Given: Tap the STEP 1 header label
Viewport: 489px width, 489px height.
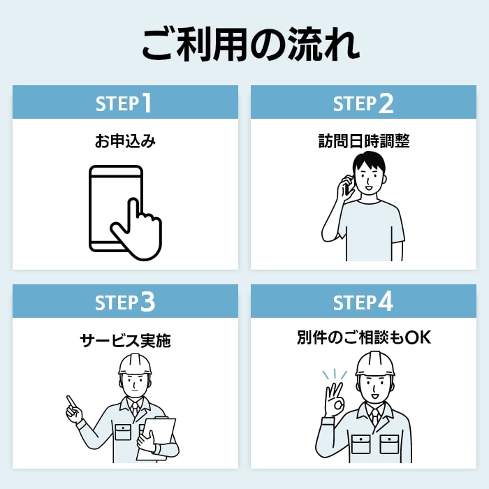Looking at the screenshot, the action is point(124,103).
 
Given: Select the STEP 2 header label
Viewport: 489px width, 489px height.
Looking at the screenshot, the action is point(363,103).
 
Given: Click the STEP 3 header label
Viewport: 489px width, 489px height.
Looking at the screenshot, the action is point(125,302).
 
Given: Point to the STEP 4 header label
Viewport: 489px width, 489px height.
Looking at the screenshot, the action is point(363,302).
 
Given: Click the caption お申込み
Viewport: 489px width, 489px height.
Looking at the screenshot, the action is point(125,141).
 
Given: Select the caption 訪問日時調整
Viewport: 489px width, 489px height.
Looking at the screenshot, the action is point(364,141).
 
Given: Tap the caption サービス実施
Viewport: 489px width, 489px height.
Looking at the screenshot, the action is point(125,340).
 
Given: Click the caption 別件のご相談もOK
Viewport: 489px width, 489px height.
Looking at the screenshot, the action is point(364,337).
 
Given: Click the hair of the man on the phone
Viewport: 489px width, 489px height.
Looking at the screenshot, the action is point(369,162).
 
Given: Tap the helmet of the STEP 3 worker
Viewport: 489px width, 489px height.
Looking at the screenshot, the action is point(135,364).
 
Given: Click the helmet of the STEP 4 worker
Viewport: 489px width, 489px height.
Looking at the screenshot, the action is point(375,364).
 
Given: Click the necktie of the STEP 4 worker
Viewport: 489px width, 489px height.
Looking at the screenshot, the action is point(375,416).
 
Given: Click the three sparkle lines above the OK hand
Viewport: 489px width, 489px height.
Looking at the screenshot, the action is point(335,374).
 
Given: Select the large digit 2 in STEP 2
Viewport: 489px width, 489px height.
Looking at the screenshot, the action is point(386,103).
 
